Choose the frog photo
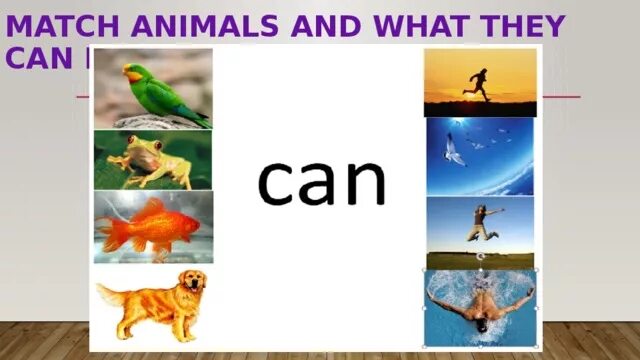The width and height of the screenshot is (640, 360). (152, 160)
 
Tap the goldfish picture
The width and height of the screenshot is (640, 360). (152, 227)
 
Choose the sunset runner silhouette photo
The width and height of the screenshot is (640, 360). (479, 82)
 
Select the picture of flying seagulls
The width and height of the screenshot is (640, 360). (479, 156)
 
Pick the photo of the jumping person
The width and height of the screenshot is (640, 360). (479, 232)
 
